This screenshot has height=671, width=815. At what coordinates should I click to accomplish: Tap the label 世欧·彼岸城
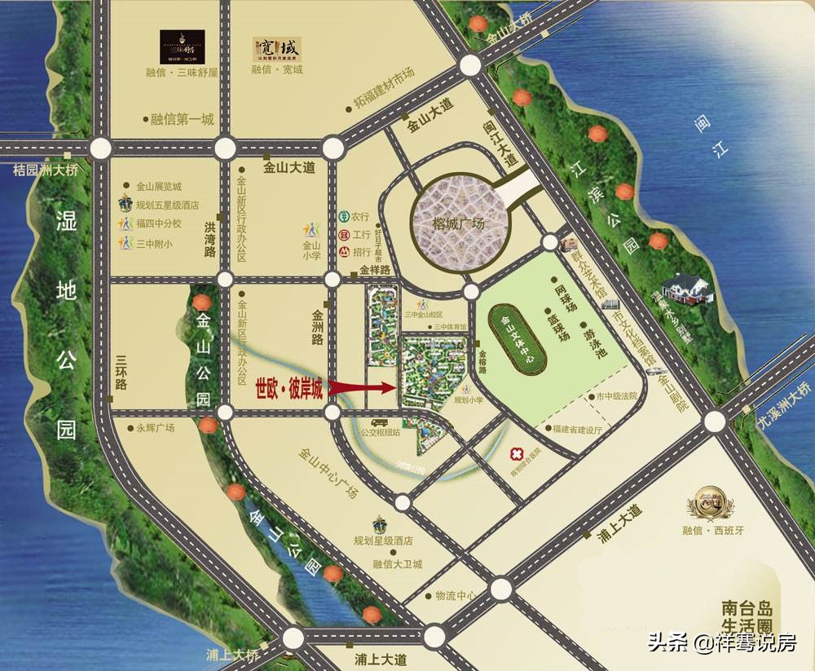(x=289, y=389)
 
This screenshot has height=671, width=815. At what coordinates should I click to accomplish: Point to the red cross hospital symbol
(x=515, y=454)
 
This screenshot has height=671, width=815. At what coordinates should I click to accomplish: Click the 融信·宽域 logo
(x=275, y=48)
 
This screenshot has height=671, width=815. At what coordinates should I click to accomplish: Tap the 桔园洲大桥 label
(x=47, y=170)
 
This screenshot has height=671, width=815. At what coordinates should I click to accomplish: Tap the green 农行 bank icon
(x=344, y=217)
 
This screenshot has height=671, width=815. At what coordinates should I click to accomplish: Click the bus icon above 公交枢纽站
(x=379, y=423)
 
